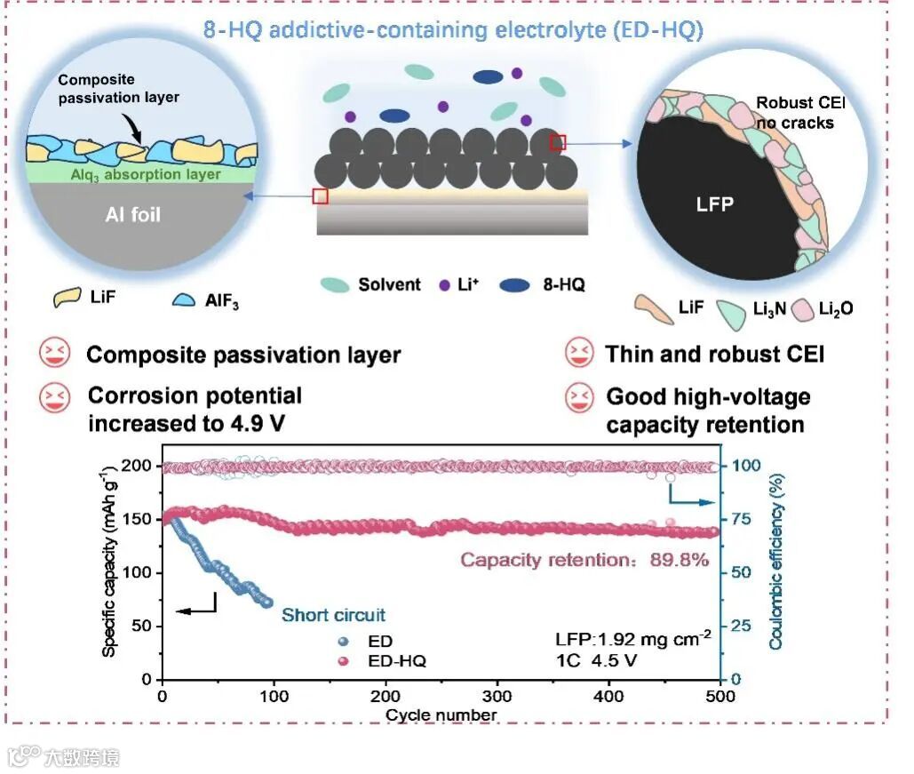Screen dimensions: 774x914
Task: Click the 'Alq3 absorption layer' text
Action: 145,175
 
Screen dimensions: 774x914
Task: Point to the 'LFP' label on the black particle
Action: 715,204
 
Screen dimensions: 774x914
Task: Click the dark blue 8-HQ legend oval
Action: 516,285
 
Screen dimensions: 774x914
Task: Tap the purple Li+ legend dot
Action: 445,285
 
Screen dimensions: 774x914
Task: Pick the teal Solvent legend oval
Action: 336,285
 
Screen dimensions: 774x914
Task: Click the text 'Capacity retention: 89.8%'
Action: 584,560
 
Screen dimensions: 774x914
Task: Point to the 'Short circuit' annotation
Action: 333,615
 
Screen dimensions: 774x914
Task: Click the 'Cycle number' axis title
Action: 441,714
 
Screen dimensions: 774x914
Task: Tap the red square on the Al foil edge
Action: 321,196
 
